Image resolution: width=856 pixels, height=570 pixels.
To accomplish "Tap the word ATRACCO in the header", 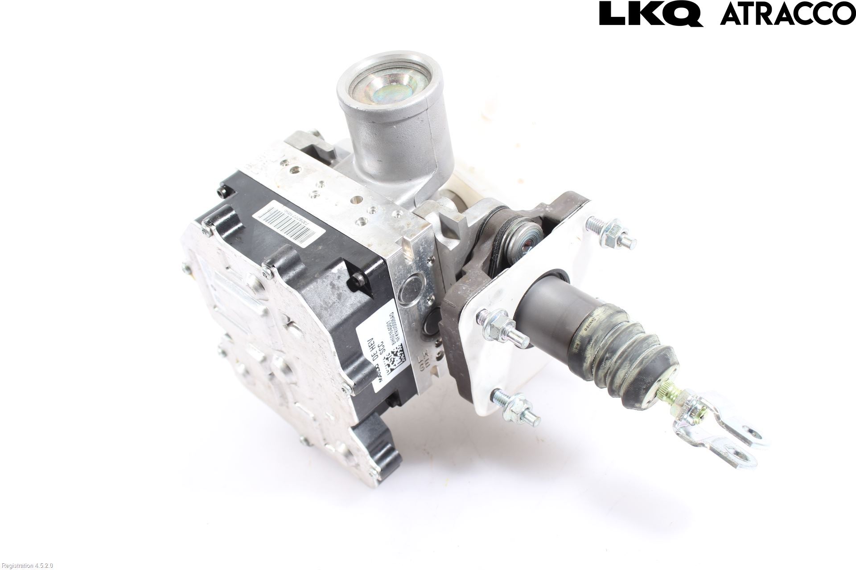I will click(787, 13).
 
